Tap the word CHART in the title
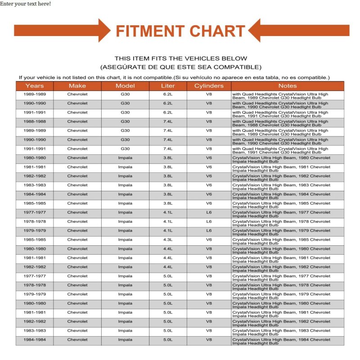coord(217,31)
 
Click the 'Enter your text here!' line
coord(25,4)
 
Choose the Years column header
coord(35,85)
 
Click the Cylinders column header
coord(209,85)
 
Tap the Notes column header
coord(288,85)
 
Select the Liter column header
coord(168,85)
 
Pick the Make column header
coord(77,85)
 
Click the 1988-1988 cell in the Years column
coord(35,121)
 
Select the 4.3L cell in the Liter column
coord(168,239)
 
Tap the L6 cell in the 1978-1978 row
coord(209,221)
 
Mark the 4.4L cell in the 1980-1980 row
coord(168,248)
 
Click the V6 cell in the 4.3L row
coord(209,239)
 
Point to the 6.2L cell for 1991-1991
coord(168,112)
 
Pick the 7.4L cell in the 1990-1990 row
coord(168,139)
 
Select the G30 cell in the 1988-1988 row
coord(125,121)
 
